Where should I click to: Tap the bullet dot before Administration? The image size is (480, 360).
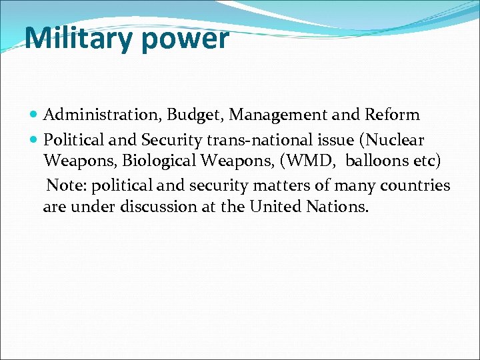tap(35, 115)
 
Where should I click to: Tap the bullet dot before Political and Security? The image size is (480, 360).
tap(35, 141)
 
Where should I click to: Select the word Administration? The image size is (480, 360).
tap(103, 115)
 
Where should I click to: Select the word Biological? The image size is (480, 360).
tap(159, 162)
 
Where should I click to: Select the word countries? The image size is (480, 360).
tap(415, 185)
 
